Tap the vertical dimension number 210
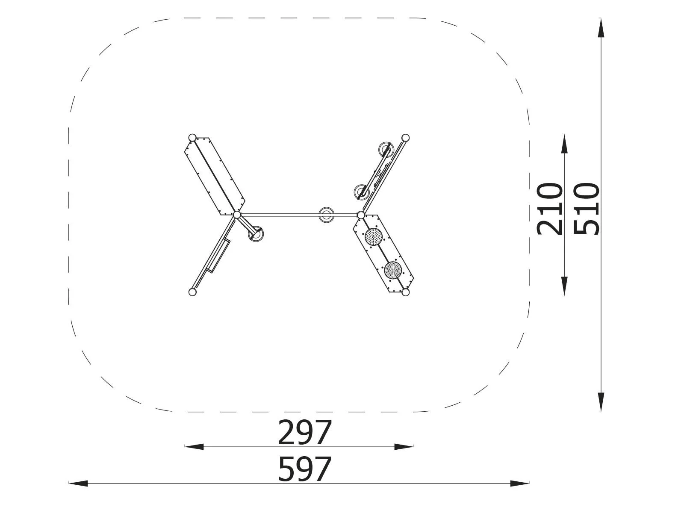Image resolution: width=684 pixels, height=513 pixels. pyautogui.click(x=550, y=209)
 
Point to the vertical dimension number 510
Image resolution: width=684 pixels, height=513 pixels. pyautogui.click(x=587, y=209)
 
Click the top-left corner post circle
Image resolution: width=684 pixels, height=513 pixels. pyautogui.click(x=192, y=138)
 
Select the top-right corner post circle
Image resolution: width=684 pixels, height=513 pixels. pyautogui.click(x=405, y=138)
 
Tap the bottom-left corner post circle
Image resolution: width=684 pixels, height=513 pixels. pyautogui.click(x=192, y=292)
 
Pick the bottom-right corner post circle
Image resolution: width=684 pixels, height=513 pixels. pyautogui.click(x=405, y=292)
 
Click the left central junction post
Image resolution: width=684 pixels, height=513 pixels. pyautogui.click(x=237, y=215)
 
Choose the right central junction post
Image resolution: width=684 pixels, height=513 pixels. pyautogui.click(x=361, y=215)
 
